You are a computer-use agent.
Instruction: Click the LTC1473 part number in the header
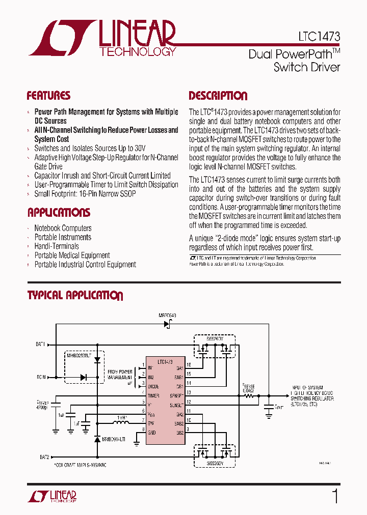319,37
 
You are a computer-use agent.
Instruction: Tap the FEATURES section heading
48,96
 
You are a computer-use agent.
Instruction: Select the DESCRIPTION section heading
218,96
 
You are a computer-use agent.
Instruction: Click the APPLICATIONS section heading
59,213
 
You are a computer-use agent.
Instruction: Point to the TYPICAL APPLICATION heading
75,296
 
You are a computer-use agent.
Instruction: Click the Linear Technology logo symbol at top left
61,38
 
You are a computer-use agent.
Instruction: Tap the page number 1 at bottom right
335,496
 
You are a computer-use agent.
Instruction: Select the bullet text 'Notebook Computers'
63,228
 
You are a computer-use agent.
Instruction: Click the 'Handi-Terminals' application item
57,246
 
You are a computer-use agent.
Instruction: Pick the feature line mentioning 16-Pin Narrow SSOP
85,194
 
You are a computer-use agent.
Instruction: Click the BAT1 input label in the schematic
40,345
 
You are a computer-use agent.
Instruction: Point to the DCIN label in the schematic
41,377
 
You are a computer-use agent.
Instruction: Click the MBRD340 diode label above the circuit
167,316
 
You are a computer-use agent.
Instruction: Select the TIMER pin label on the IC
153,395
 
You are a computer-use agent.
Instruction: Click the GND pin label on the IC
151,433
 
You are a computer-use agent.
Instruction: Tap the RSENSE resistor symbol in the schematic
249,395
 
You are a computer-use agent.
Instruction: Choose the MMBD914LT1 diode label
114,439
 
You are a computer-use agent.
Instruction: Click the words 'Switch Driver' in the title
307,67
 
